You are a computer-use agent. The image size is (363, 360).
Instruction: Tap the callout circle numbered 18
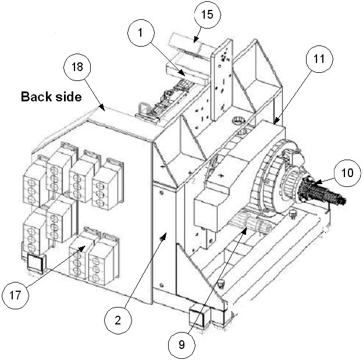78,68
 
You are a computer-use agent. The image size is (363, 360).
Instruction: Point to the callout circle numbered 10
347,172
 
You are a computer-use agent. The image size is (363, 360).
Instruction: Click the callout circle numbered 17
18,296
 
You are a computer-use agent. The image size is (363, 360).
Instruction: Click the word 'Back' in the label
34,96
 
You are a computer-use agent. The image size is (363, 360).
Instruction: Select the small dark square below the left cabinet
34,264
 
